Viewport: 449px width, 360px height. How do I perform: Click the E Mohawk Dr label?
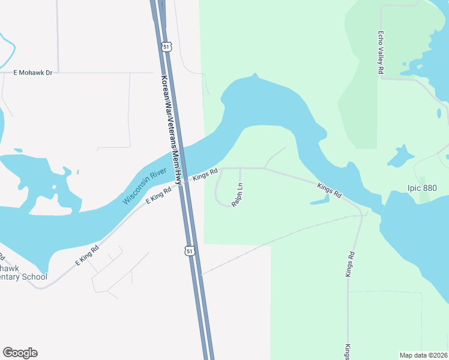point(33,73)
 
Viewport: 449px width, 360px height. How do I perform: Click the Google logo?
point(20,353)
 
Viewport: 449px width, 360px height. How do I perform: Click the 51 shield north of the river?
point(166,46)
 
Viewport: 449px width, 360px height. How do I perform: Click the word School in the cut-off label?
point(34,277)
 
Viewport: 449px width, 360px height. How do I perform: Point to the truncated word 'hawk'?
point(11,268)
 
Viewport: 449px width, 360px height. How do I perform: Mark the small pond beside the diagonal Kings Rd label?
point(320,201)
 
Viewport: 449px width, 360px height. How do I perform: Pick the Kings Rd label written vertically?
point(349,263)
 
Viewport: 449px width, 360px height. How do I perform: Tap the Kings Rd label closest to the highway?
point(204,175)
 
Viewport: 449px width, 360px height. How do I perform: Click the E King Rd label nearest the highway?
point(159,196)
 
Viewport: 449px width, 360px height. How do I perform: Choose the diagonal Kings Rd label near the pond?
point(330,191)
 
